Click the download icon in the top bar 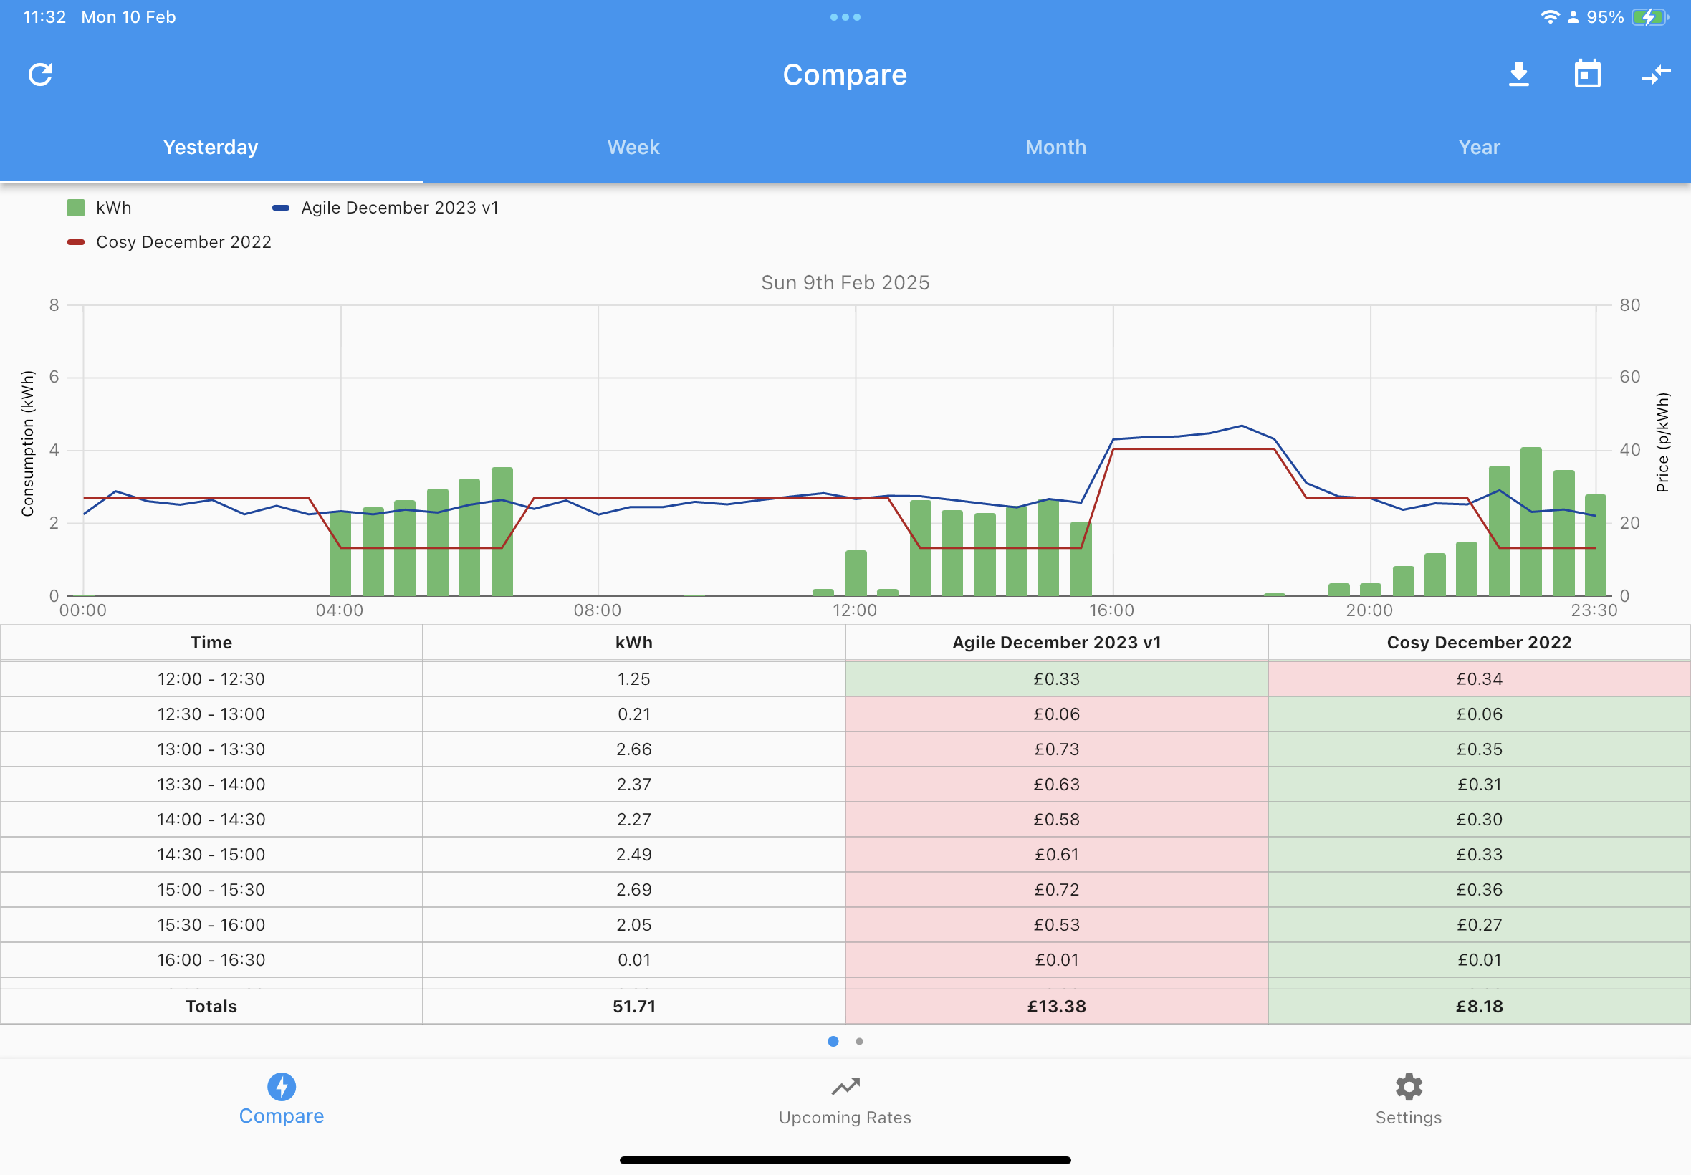point(1519,75)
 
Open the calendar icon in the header point(1587,75)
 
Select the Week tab point(633,148)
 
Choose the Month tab point(1055,148)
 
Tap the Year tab point(1479,148)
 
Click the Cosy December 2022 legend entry point(169,242)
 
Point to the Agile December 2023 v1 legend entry point(385,208)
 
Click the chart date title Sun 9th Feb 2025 point(845,283)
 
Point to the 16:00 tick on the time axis point(1111,610)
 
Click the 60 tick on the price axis point(1630,377)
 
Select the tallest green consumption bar point(1530,522)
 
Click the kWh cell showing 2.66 point(634,749)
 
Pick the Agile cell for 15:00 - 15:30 point(1056,889)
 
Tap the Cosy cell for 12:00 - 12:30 point(1479,678)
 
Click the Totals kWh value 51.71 point(634,1007)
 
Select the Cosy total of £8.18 point(1479,1007)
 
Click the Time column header point(211,643)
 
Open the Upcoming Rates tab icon point(845,1087)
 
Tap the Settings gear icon point(1408,1087)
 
